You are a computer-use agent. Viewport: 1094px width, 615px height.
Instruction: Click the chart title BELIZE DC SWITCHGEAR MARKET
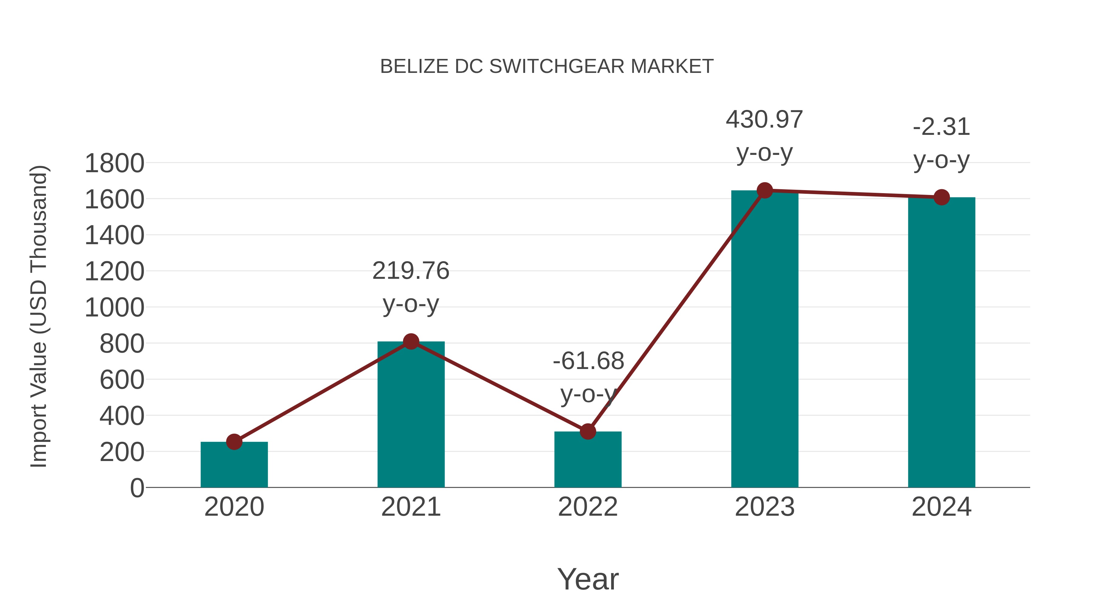coord(547,67)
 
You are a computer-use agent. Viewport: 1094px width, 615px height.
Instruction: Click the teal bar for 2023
coord(765,340)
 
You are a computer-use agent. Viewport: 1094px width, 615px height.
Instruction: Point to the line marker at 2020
coord(234,442)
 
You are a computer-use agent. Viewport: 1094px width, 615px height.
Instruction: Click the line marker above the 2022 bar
coord(588,432)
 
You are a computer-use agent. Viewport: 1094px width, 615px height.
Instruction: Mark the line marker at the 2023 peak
coord(765,190)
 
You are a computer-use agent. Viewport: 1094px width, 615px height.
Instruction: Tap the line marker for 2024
coord(941,197)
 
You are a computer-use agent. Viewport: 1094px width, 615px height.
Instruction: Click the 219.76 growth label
coord(411,271)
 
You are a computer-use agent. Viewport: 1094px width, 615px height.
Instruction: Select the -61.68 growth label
coord(588,361)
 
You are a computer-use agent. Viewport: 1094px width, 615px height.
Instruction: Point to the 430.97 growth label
coord(765,120)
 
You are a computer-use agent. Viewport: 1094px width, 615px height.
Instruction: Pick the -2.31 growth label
coord(941,127)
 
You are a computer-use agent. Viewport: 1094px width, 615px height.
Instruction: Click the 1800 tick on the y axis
coord(114,163)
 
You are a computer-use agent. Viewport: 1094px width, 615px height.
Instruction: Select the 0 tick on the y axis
coord(137,488)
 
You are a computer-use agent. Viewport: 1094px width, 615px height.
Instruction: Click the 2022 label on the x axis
coord(588,507)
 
